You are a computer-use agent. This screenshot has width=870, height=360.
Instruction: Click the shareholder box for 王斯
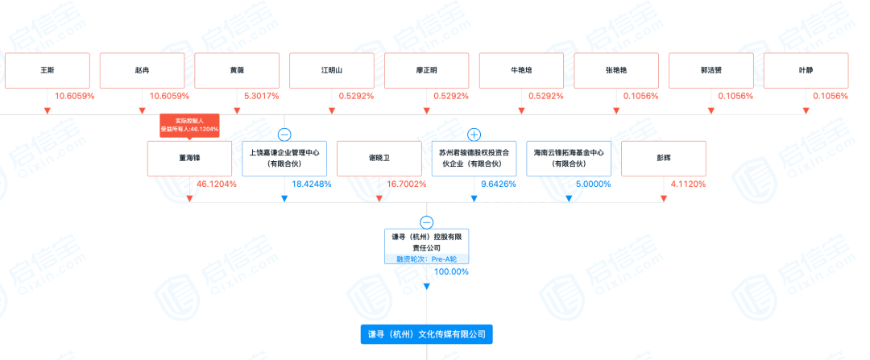(47, 71)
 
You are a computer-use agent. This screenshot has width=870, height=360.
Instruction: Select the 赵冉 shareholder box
(142, 71)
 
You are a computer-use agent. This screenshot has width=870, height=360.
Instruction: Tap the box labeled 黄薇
(237, 71)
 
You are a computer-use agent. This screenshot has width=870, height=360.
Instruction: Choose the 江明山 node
(331, 71)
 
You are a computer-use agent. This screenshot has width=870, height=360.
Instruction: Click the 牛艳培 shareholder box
(521, 71)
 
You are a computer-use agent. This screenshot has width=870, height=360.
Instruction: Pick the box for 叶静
(806, 71)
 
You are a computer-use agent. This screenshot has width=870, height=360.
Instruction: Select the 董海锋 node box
(189, 159)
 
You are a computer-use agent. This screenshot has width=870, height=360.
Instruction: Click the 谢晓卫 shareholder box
(379, 159)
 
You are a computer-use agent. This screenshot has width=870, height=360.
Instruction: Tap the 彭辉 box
(664, 159)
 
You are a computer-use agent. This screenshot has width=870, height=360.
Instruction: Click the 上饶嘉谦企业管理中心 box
(284, 159)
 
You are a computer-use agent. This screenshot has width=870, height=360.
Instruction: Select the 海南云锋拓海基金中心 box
(569, 159)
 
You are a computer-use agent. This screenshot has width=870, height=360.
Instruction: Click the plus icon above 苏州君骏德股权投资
(474, 134)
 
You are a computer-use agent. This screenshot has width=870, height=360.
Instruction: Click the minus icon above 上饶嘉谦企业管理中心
(284, 134)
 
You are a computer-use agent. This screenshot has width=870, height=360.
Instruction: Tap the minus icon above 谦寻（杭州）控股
(427, 222)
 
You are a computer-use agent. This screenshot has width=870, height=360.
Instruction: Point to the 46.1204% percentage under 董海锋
(216, 184)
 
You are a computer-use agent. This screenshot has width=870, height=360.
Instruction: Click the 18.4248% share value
(311, 184)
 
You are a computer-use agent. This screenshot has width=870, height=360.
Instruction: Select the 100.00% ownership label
(451, 271)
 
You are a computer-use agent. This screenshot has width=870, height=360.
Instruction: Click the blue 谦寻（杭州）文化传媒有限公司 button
(426, 333)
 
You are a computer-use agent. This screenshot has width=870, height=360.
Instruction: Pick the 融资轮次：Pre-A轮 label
(426, 259)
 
